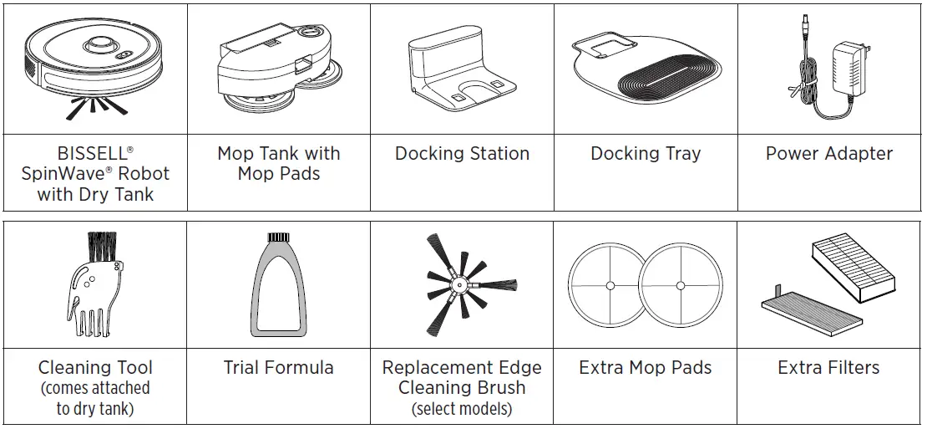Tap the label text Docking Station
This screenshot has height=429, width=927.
coord(462,154)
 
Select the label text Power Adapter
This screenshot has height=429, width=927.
coord(828,154)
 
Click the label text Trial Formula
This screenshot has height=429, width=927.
coord(278,368)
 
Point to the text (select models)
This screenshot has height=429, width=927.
coord(462,409)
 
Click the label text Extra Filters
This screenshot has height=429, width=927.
coord(828,368)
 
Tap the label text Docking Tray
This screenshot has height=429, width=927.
coord(646,154)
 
